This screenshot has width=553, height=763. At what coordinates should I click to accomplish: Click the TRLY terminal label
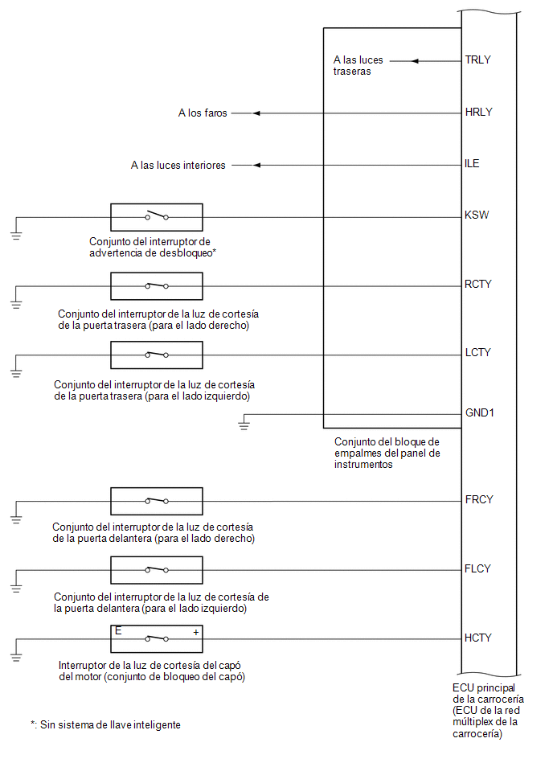(x=477, y=59)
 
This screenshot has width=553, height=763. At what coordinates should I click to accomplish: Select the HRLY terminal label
(x=478, y=112)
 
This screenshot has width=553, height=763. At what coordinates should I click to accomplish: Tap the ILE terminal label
(x=472, y=163)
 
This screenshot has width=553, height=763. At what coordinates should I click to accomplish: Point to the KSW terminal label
(x=477, y=215)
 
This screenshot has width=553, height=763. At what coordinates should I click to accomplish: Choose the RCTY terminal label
(x=478, y=284)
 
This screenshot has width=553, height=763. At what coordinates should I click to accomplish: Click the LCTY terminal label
(x=477, y=352)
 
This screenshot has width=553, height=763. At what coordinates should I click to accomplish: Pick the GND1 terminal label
(x=480, y=412)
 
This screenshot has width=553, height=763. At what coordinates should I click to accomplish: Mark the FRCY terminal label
(x=479, y=500)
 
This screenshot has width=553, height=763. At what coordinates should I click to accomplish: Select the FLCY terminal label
(x=477, y=569)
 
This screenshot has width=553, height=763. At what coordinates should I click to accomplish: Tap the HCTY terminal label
(x=478, y=638)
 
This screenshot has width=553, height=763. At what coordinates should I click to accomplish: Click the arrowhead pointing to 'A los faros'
(x=256, y=113)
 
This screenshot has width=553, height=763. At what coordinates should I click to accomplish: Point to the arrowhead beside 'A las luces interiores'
(x=256, y=166)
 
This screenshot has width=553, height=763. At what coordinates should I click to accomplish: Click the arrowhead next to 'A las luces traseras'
(x=415, y=61)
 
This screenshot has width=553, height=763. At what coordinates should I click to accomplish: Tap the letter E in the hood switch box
(x=118, y=631)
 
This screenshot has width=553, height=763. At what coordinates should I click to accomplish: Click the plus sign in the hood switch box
(x=196, y=633)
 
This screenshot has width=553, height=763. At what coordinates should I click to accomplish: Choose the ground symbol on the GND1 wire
(x=244, y=425)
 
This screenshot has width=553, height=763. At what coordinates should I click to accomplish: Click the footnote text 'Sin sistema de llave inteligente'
(x=110, y=725)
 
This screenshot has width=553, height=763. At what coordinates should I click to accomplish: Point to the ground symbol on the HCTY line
(x=16, y=657)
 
